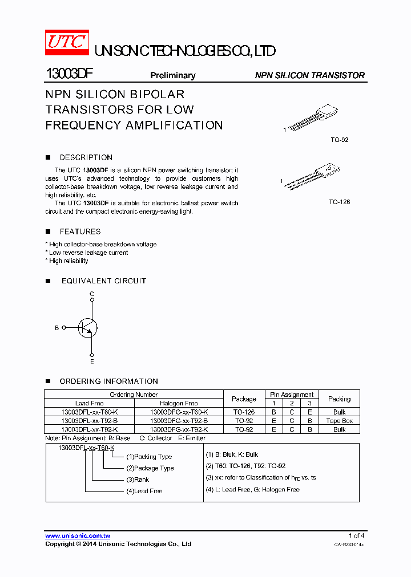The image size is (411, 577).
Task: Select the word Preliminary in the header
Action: tap(172, 75)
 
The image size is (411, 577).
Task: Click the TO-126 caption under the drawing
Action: tap(339, 202)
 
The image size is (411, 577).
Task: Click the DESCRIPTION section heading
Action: tap(86, 157)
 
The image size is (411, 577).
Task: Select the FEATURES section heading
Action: tap(80, 231)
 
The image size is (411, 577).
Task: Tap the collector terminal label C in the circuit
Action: tap(92, 294)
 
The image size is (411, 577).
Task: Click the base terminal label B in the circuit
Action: tap(57, 328)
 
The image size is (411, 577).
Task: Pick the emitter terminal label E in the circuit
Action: tap(92, 361)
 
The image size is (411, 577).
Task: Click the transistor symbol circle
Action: tap(88, 328)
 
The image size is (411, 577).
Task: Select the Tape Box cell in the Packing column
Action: tap(339, 421)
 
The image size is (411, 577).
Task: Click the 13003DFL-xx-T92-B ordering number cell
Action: tap(89, 421)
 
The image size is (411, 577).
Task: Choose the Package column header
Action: tap(244, 399)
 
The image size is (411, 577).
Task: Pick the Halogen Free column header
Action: tap(179, 403)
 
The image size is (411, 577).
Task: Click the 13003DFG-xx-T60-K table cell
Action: tap(179, 412)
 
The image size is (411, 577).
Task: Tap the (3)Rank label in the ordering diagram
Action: tap(138, 480)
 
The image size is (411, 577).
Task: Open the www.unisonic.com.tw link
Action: tap(78, 536)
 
